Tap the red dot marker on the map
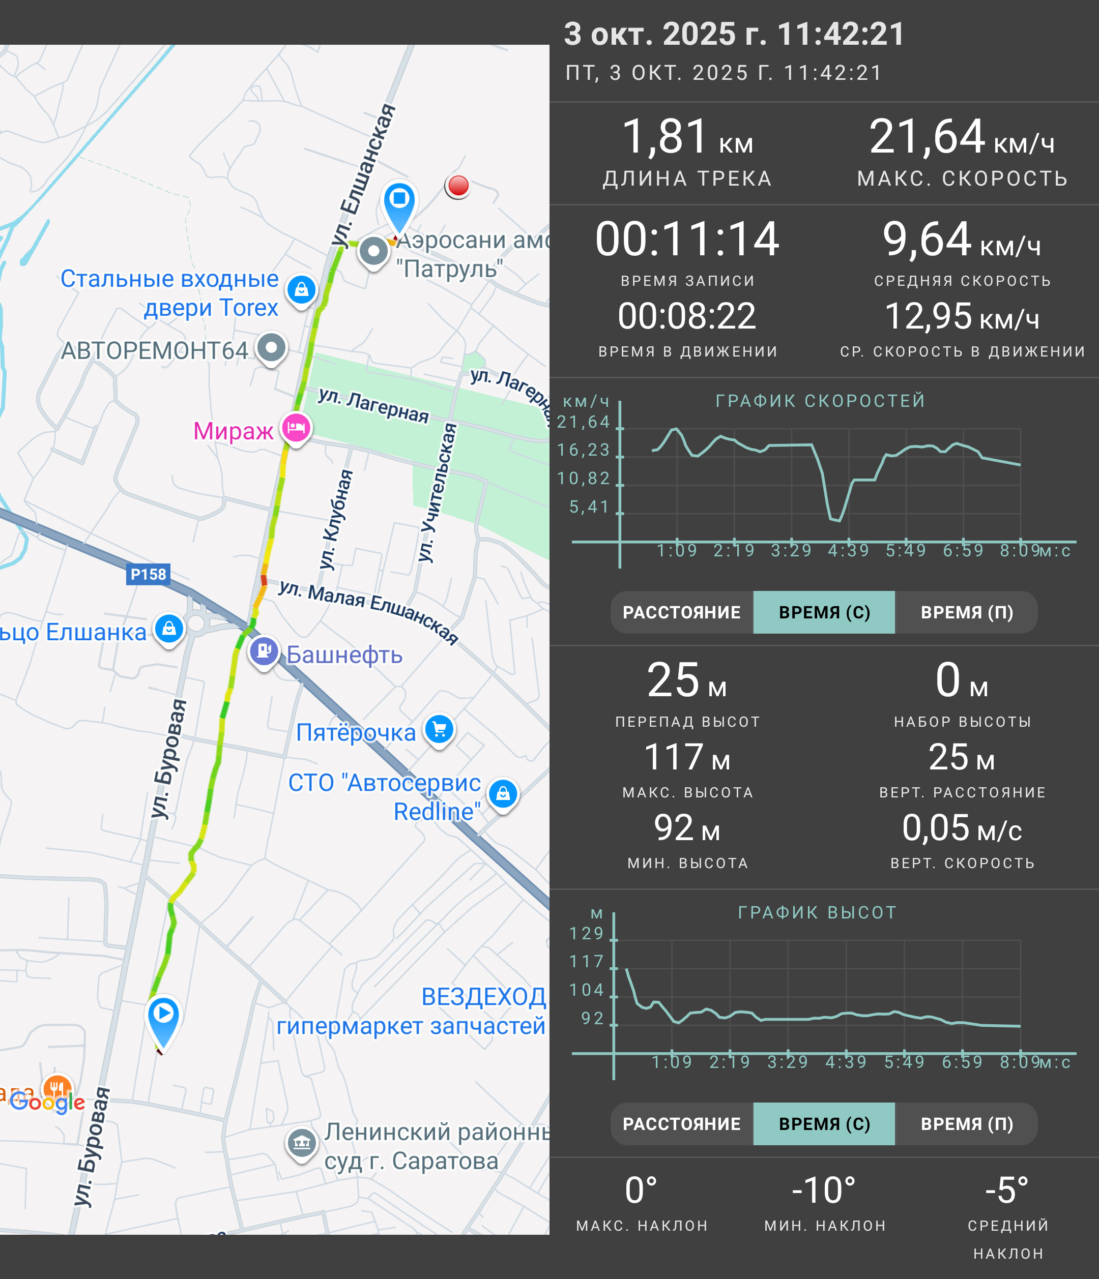point(458,185)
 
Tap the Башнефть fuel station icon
point(264,652)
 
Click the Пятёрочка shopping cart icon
point(439,730)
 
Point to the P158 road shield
point(148,574)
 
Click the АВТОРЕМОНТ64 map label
point(154,350)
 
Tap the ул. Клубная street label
point(336,519)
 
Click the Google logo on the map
point(47,1102)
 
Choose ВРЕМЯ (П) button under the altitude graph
point(966,1123)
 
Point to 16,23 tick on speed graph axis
point(584,450)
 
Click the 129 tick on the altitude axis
point(587,933)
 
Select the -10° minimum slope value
point(824,1190)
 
